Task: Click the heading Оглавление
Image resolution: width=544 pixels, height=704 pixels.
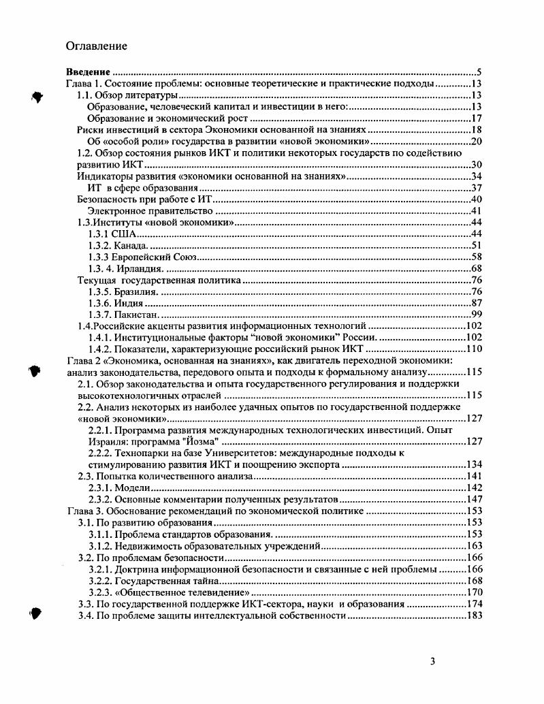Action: point(96,46)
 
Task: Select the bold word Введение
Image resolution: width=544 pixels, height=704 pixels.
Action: point(88,72)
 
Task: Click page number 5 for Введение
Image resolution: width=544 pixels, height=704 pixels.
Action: point(479,72)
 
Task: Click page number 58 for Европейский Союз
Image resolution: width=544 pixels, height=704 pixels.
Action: point(476,257)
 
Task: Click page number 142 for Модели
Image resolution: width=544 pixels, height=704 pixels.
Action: point(473,488)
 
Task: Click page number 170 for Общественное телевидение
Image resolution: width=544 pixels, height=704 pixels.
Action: point(473,592)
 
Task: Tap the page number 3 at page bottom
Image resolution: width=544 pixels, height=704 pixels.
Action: point(433,661)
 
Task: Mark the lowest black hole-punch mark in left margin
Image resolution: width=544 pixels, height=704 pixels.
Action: point(37,613)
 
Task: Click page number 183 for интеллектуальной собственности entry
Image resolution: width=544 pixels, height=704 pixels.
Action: point(473,616)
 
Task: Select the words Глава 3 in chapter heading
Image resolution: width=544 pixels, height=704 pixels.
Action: point(84,511)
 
